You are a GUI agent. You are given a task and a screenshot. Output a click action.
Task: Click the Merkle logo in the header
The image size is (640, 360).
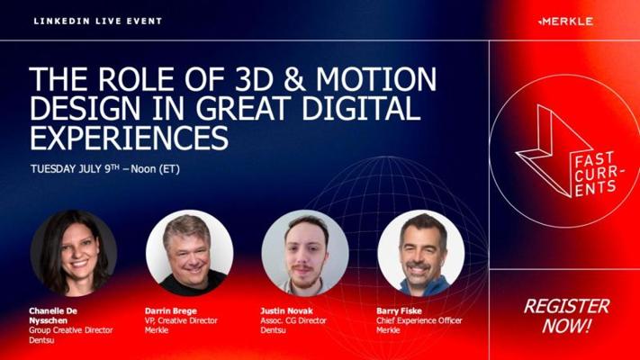[x=565, y=22]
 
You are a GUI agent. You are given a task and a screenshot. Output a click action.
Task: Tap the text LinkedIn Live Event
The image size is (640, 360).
[x=98, y=22]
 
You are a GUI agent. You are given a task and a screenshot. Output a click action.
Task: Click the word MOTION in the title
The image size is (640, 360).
[x=376, y=79]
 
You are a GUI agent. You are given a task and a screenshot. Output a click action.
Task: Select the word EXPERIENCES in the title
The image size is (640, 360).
[x=129, y=138]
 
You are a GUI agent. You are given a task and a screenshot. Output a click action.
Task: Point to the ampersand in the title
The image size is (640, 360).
[x=294, y=79]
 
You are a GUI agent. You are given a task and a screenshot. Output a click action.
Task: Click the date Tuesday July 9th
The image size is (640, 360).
[x=75, y=168]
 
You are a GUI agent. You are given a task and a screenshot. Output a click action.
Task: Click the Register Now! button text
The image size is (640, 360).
[x=566, y=316]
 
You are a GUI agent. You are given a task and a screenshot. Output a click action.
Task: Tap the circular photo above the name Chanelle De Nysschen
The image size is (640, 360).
[x=74, y=253]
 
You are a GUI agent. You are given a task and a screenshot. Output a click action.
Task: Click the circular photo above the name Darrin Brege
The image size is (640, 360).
[x=189, y=253]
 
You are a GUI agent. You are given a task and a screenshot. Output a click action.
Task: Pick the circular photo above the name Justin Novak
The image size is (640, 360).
[x=305, y=253]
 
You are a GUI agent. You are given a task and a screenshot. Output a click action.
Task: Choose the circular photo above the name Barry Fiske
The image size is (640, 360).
[x=421, y=253]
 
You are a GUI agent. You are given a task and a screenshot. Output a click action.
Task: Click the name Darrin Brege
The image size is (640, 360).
[x=171, y=311]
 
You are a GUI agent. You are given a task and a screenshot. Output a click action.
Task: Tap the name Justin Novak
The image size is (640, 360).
[x=286, y=311]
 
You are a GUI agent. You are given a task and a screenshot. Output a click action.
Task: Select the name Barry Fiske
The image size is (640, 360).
[x=399, y=311]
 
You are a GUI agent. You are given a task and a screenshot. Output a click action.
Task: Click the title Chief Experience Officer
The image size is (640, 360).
[x=419, y=320]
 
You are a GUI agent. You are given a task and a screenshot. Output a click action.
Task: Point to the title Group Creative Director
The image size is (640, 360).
[x=70, y=330]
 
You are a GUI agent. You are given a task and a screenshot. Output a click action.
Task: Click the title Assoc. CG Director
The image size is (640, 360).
[x=293, y=320]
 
